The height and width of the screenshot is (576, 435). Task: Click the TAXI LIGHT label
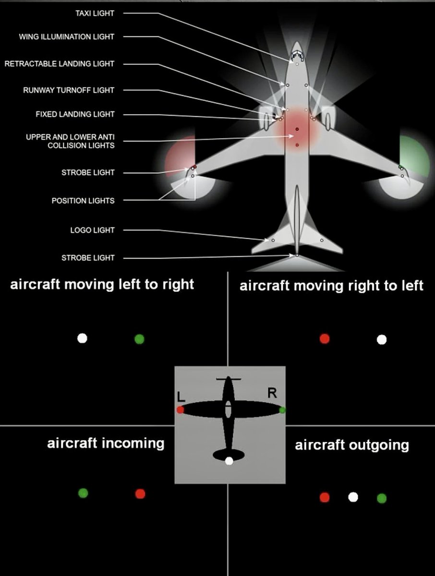click(95, 13)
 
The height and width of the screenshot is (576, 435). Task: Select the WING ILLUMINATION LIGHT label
click(67, 37)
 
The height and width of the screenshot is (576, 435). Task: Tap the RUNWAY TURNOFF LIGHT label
click(69, 90)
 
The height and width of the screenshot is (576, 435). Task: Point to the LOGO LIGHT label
click(92, 230)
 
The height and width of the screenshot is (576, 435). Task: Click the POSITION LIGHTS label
click(83, 201)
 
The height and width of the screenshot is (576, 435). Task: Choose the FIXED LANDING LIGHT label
click(75, 114)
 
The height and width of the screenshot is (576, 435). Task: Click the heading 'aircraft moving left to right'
click(102, 284)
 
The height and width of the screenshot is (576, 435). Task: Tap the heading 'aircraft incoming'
click(106, 443)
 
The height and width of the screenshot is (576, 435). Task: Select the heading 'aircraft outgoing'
click(352, 445)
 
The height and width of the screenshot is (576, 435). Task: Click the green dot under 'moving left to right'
click(139, 339)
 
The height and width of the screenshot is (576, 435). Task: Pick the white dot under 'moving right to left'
click(382, 340)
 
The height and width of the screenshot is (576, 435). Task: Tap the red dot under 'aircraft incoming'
click(140, 493)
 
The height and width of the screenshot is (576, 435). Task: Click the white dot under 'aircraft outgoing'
click(353, 497)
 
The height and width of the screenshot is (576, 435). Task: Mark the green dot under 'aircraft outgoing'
click(382, 498)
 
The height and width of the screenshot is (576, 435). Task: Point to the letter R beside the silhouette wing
click(272, 393)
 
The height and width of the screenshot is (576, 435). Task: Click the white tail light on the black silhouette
click(229, 461)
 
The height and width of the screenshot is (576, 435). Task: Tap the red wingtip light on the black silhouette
click(180, 410)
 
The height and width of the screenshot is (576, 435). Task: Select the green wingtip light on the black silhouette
click(282, 410)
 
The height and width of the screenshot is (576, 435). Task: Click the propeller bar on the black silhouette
click(229, 379)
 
